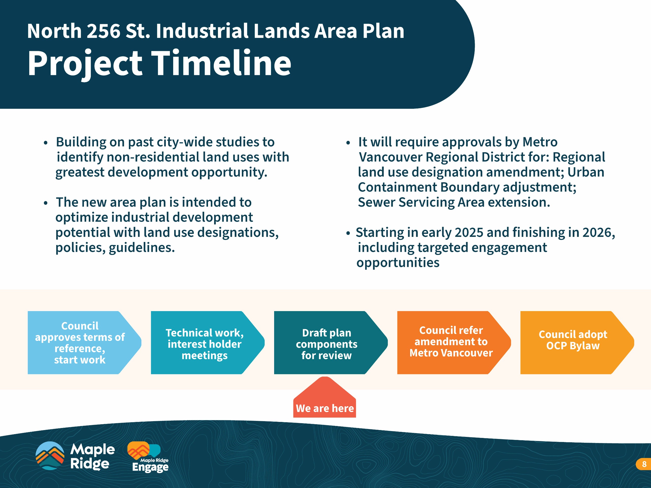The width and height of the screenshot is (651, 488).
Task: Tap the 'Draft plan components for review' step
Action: pyautogui.click(x=331, y=342)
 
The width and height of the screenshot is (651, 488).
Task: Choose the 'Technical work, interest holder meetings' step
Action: pyautogui.click(x=208, y=342)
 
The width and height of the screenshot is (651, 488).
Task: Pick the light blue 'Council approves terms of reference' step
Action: pyautogui.click(x=84, y=342)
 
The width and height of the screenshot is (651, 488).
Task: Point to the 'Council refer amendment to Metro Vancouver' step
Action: pyautogui.click(x=454, y=342)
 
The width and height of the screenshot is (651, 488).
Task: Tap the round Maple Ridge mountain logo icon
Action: pyautogui.click(x=50, y=456)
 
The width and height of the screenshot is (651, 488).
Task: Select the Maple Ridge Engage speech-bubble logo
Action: pyautogui.click(x=148, y=457)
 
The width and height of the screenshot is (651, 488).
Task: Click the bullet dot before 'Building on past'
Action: pyautogui.click(x=45, y=143)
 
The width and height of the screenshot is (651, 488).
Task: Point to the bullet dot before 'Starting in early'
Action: pyautogui.click(x=348, y=234)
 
